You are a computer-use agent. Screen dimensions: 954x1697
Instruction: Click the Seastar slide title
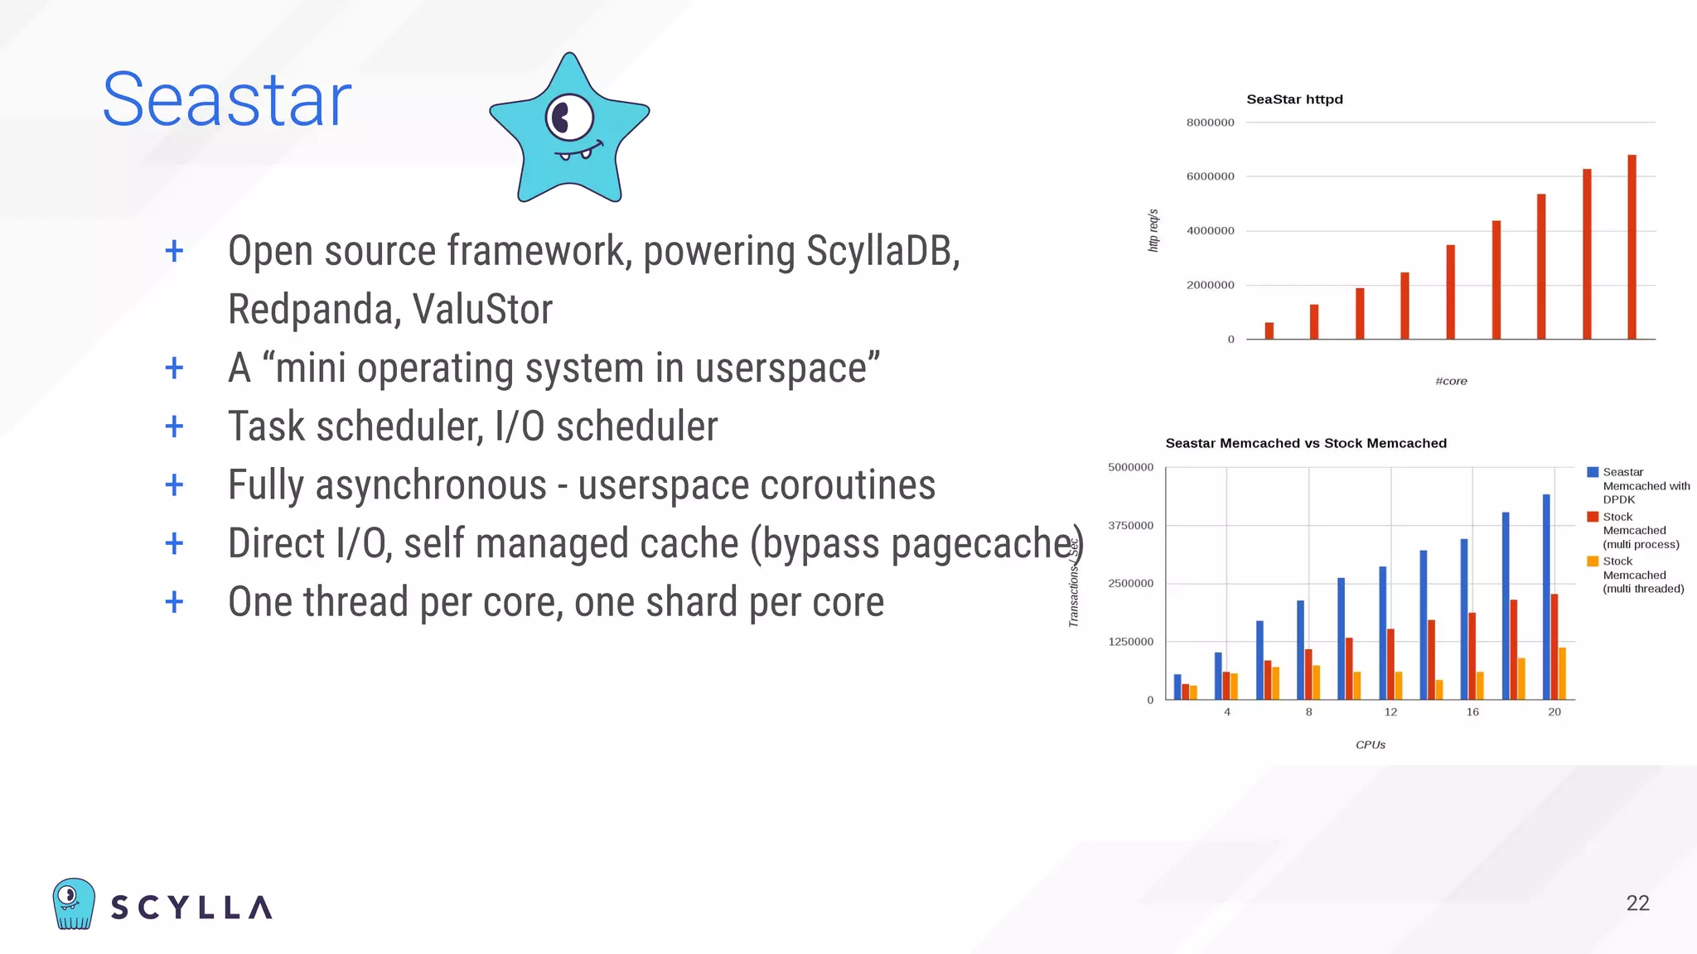click(x=226, y=100)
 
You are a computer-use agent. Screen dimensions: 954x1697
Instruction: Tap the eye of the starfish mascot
click(x=568, y=118)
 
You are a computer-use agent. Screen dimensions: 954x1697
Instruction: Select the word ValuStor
click(x=482, y=310)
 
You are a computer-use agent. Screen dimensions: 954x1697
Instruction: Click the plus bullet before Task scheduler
click(x=174, y=426)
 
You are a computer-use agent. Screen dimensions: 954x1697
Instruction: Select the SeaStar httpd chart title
click(x=1294, y=99)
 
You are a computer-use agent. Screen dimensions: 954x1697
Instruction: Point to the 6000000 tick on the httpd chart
click(x=1210, y=176)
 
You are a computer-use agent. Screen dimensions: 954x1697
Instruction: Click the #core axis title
click(x=1451, y=381)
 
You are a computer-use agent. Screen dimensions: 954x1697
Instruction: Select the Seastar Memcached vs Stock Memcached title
click(x=1306, y=443)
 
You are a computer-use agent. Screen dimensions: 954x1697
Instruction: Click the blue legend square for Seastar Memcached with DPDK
click(x=1592, y=472)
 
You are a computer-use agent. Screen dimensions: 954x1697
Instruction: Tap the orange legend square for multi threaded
click(x=1592, y=561)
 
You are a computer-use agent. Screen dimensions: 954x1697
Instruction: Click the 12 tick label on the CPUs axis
click(x=1390, y=712)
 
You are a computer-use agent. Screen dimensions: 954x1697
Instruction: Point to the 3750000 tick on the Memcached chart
click(x=1130, y=526)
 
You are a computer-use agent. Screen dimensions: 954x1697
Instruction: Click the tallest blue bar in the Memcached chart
click(x=1546, y=596)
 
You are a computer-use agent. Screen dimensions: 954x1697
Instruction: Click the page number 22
click(x=1637, y=903)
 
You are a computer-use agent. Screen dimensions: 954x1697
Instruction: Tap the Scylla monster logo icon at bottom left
click(x=73, y=904)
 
